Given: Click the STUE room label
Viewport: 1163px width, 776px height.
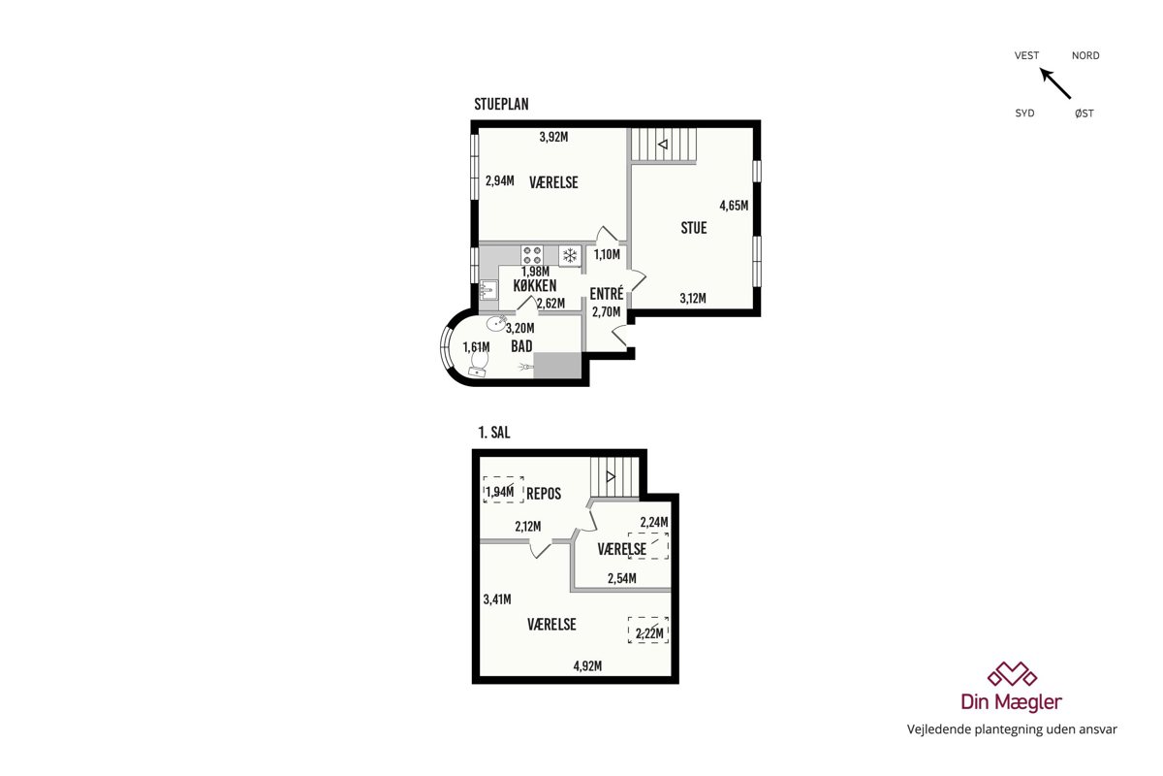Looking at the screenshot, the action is pyautogui.click(x=694, y=228).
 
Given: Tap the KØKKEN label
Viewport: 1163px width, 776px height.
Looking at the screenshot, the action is pyautogui.click(x=535, y=285).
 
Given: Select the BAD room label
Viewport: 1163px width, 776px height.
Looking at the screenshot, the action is pyautogui.click(x=521, y=345).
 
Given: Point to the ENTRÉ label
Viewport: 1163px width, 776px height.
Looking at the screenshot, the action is pyautogui.click(x=607, y=293).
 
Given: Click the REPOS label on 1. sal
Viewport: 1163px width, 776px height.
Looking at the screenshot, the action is pyautogui.click(x=544, y=494).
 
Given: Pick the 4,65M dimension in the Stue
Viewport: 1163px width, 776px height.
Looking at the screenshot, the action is pyautogui.click(x=734, y=206).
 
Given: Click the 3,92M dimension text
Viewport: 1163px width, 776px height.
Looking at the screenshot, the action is pyautogui.click(x=553, y=137).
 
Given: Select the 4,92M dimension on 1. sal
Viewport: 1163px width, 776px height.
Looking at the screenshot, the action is pyautogui.click(x=587, y=665).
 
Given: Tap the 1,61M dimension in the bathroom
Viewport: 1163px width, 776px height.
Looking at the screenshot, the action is pyautogui.click(x=476, y=346).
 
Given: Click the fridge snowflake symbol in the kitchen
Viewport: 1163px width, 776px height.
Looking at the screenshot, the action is pyautogui.click(x=570, y=256).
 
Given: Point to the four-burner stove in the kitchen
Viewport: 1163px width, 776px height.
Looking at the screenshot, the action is pyautogui.click(x=532, y=255).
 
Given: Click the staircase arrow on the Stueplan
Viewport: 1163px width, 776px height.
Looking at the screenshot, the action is pyautogui.click(x=663, y=144).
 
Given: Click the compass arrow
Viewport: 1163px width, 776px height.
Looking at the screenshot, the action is pyautogui.click(x=1055, y=83).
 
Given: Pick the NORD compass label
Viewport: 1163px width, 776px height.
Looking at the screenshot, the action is pyautogui.click(x=1085, y=55).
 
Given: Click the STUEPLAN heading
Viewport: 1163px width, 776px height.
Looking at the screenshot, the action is pyautogui.click(x=501, y=104).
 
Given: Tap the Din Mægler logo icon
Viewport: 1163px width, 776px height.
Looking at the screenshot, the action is pyautogui.click(x=1012, y=674).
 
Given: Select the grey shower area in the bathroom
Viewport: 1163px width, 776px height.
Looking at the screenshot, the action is pyautogui.click(x=557, y=366).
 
